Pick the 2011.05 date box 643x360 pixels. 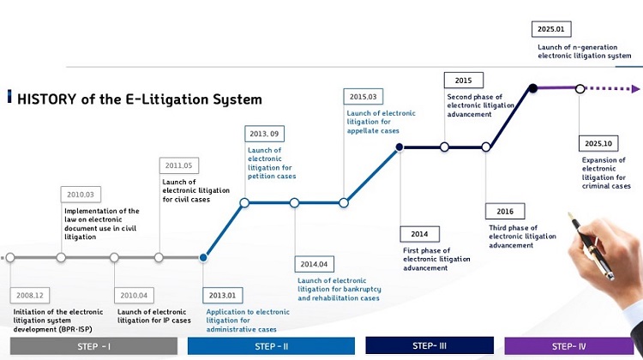pos(178,165)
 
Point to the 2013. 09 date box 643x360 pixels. pos(265,134)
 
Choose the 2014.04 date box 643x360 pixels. pos(314,265)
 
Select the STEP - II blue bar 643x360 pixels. pos(271,346)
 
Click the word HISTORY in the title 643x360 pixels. pos(50,99)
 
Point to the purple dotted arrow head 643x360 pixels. pos(634,88)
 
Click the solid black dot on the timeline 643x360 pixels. pos(532,88)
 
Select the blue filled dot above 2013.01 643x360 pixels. pos(203,257)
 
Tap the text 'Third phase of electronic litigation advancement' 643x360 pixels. pos(523,236)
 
